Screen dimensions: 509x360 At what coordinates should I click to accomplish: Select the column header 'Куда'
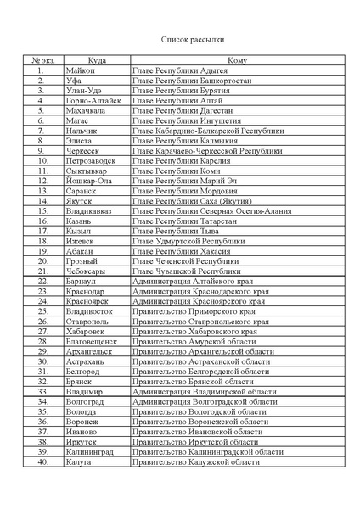click(x=96, y=61)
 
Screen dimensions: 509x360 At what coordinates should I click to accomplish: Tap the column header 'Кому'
click(x=237, y=61)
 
